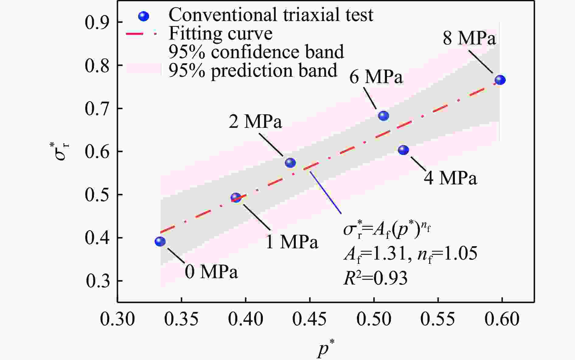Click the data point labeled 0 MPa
(160, 241)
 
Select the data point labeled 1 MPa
(236, 197)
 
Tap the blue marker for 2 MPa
(290, 163)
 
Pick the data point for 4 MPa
(403, 150)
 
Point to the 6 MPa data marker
(383, 116)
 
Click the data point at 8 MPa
(500, 80)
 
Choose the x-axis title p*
(325, 349)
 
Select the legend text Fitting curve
(220, 33)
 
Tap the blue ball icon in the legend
(144, 16)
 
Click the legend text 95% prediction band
(253, 71)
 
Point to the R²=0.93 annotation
(375, 278)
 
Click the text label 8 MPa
(469, 39)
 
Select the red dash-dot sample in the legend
(141, 34)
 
